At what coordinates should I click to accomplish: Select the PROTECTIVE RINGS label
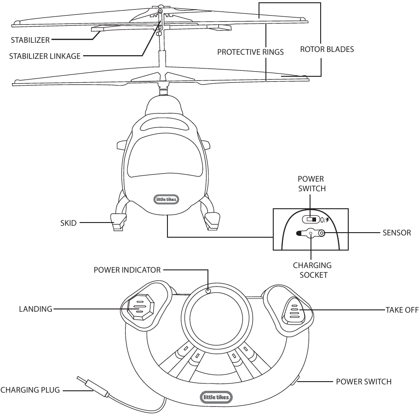(250, 52)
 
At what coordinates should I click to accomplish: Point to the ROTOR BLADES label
(327, 49)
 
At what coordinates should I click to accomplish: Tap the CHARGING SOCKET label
(312, 270)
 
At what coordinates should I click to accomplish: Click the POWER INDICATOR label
(127, 270)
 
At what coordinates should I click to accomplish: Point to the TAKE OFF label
(401, 309)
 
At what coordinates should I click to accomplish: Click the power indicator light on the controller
(208, 291)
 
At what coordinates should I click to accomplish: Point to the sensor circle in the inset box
(322, 233)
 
